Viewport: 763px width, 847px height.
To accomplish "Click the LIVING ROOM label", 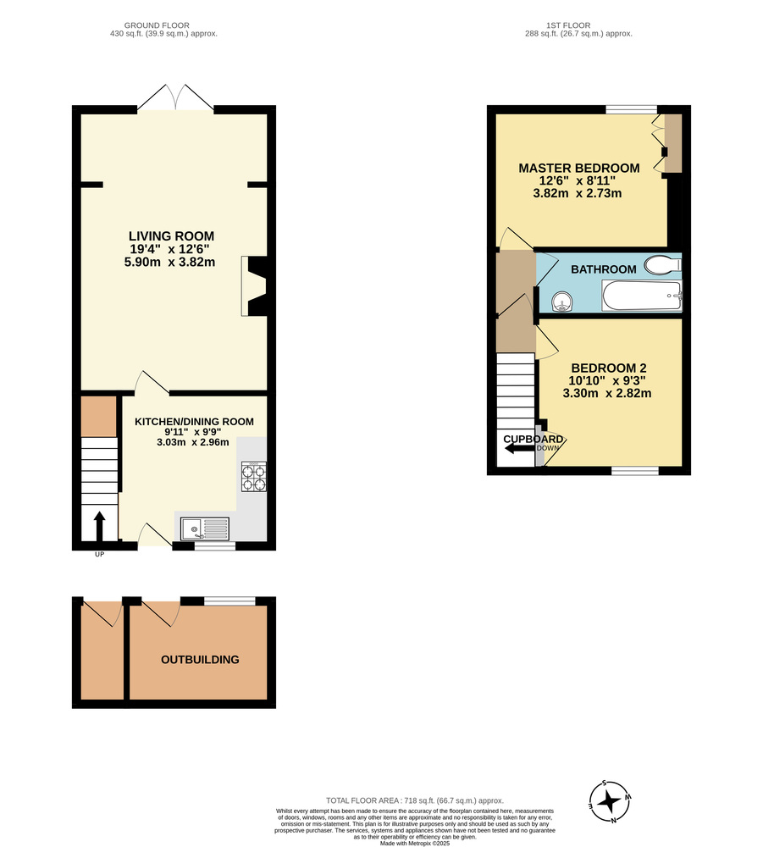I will (x=171, y=235).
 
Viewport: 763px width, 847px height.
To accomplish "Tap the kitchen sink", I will (x=204, y=529).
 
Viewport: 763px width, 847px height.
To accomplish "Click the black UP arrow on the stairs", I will (x=98, y=525).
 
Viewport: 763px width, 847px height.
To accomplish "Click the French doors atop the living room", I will (x=175, y=97).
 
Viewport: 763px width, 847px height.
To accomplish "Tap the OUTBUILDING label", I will (x=200, y=660).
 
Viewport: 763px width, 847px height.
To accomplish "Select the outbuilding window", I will (x=229, y=601).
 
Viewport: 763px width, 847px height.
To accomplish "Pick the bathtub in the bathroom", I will (x=641, y=297).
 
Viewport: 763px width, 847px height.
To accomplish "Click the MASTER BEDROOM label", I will (x=578, y=168).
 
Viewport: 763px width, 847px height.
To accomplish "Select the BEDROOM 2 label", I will (x=608, y=368).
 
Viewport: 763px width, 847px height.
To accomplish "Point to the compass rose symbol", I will (x=608, y=800).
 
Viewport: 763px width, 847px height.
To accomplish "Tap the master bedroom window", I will (x=631, y=108).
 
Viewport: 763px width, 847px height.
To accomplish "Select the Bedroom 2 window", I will (x=635, y=470).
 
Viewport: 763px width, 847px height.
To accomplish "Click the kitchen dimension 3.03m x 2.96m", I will (x=193, y=442).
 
